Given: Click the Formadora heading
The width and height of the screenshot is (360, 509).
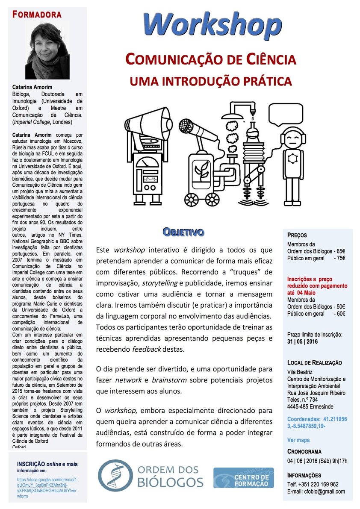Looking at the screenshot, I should (37, 15).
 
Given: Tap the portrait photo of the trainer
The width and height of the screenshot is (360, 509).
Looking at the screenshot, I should (47, 50).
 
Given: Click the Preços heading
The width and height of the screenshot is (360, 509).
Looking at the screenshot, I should (297, 235).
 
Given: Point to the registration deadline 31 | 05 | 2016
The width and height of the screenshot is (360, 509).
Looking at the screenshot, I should (303, 341).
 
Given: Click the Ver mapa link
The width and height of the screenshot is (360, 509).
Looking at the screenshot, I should (298, 440).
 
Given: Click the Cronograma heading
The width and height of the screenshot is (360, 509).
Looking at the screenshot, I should (304, 451).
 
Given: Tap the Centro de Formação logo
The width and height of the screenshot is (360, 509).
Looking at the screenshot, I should (244, 477).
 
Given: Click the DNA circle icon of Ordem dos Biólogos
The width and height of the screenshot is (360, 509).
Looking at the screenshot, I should (115, 475).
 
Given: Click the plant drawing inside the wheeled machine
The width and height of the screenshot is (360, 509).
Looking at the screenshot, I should (201, 171).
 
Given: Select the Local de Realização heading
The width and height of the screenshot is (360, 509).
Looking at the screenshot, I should (315, 362).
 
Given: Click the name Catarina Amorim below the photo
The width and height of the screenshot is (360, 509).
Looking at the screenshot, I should (32, 87).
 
